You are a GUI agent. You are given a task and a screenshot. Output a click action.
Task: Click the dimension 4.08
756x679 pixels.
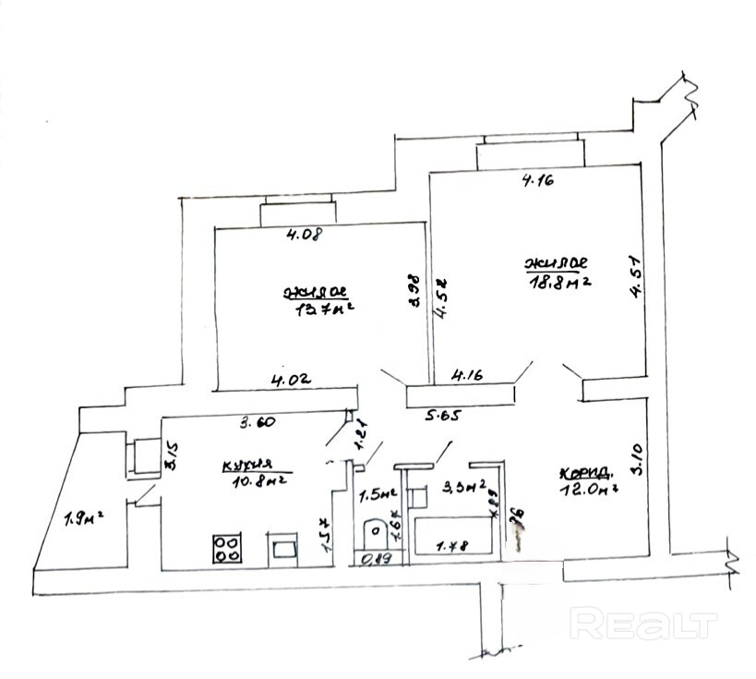(304, 235)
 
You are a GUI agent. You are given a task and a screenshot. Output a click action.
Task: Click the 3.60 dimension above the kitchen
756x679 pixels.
(258, 424)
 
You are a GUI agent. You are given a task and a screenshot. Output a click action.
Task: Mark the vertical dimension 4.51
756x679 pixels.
(636, 277)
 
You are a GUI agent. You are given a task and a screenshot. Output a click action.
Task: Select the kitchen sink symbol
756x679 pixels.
(283, 551)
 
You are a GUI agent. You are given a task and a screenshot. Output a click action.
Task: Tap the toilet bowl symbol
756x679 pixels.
(377, 533)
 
